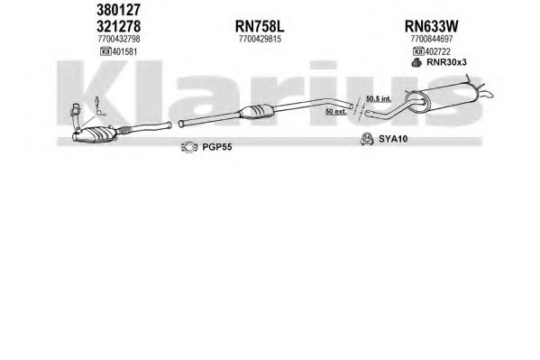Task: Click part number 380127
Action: point(118,10)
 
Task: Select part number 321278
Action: point(118,26)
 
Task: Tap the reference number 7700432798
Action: point(119,39)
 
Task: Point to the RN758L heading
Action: point(260,26)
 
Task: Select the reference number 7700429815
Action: point(260,39)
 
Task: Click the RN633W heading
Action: point(431,26)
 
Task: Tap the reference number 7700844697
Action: point(432,39)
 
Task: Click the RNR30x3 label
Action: point(446,62)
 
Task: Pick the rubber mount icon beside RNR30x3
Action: point(416,62)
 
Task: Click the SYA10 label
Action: point(393,139)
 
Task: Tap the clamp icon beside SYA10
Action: point(367,139)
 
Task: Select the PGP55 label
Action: point(217,147)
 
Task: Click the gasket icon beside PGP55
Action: point(189,147)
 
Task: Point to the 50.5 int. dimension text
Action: point(379,98)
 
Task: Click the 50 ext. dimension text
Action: point(335,111)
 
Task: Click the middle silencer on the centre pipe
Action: point(257,111)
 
